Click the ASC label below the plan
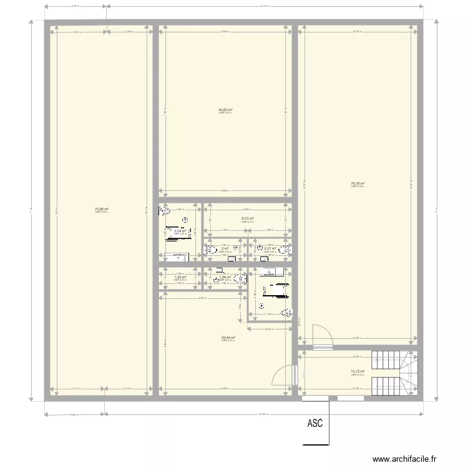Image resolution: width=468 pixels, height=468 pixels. coord(315,424)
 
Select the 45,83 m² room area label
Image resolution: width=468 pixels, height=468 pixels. coord(225,110)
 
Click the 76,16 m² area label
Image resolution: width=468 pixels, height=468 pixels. coord(357,183)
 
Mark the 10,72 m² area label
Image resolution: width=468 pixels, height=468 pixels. coord(357,373)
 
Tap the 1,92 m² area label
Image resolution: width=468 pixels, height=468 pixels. coord(180,278)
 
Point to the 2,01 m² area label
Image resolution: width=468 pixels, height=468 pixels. coord(270,249)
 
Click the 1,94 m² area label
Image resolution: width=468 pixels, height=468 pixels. coord(225,278)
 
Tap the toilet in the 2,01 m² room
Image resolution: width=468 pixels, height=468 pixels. coord(285,250)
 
